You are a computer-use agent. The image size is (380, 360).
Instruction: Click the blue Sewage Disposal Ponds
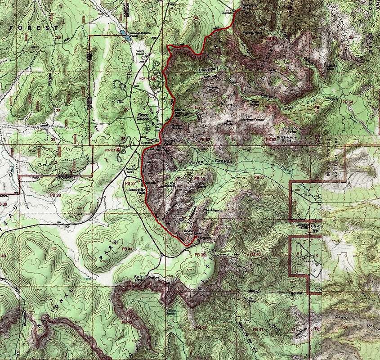(x=125, y=36)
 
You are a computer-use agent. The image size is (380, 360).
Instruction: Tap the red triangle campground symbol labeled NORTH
(x=154, y=78)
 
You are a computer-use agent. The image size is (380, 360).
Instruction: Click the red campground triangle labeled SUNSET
(x=118, y=148)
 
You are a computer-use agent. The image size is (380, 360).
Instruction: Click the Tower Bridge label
(x=257, y=102)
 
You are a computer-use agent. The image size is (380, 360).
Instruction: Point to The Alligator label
(x=213, y=211)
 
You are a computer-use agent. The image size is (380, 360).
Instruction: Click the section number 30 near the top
(x=196, y=18)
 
